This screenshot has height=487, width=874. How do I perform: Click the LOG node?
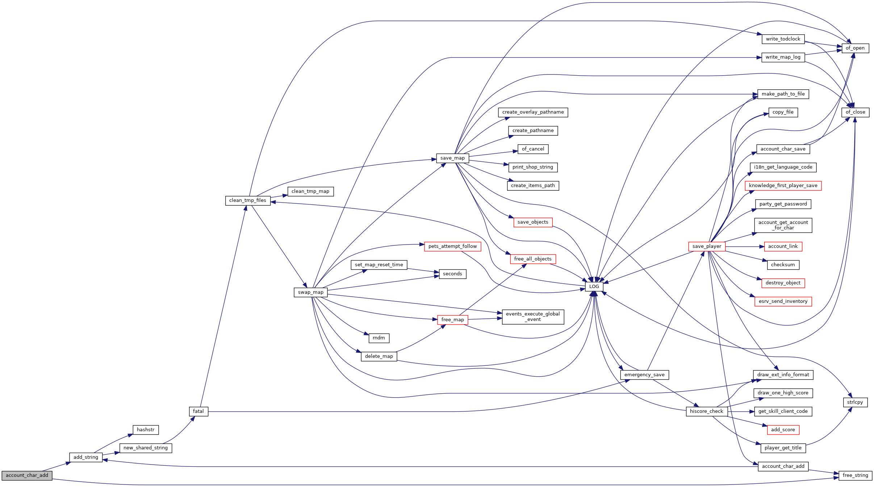point(594,287)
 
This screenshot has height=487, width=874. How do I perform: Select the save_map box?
point(452,158)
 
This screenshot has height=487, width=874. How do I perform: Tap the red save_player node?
point(707,246)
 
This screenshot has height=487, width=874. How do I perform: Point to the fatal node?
point(198,411)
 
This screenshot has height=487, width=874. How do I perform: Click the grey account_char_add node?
point(27,475)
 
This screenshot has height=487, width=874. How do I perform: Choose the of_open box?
point(855,48)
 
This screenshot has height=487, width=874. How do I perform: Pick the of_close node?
point(855,112)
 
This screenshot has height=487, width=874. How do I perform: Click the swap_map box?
point(311,292)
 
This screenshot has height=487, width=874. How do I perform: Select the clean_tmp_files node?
point(248,200)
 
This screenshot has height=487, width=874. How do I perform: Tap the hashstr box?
point(146,430)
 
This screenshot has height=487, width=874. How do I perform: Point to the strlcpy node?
point(855,402)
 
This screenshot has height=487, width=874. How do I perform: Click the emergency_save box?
point(644,375)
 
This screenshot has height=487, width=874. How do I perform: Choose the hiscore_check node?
point(707,411)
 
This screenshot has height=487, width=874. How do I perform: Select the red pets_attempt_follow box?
point(452,246)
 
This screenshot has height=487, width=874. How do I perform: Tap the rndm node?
point(379,338)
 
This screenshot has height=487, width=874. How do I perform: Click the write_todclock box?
point(783,39)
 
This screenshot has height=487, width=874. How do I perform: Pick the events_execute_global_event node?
point(533,317)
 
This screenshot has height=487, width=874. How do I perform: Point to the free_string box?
point(855,475)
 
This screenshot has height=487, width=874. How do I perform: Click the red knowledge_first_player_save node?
point(783,186)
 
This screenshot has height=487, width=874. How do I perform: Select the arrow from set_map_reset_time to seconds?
point(423,270)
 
